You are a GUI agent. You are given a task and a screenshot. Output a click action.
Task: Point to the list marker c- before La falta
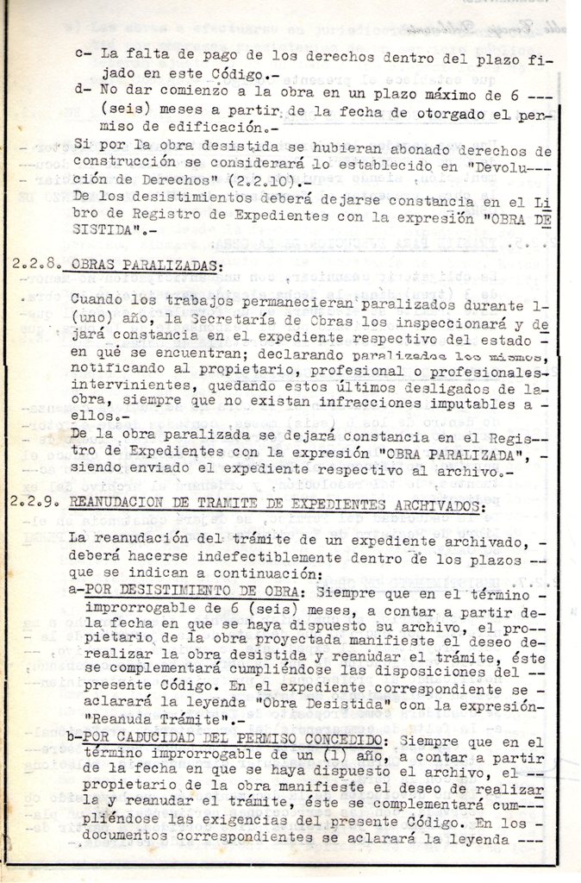pyautogui.click(x=84, y=54)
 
